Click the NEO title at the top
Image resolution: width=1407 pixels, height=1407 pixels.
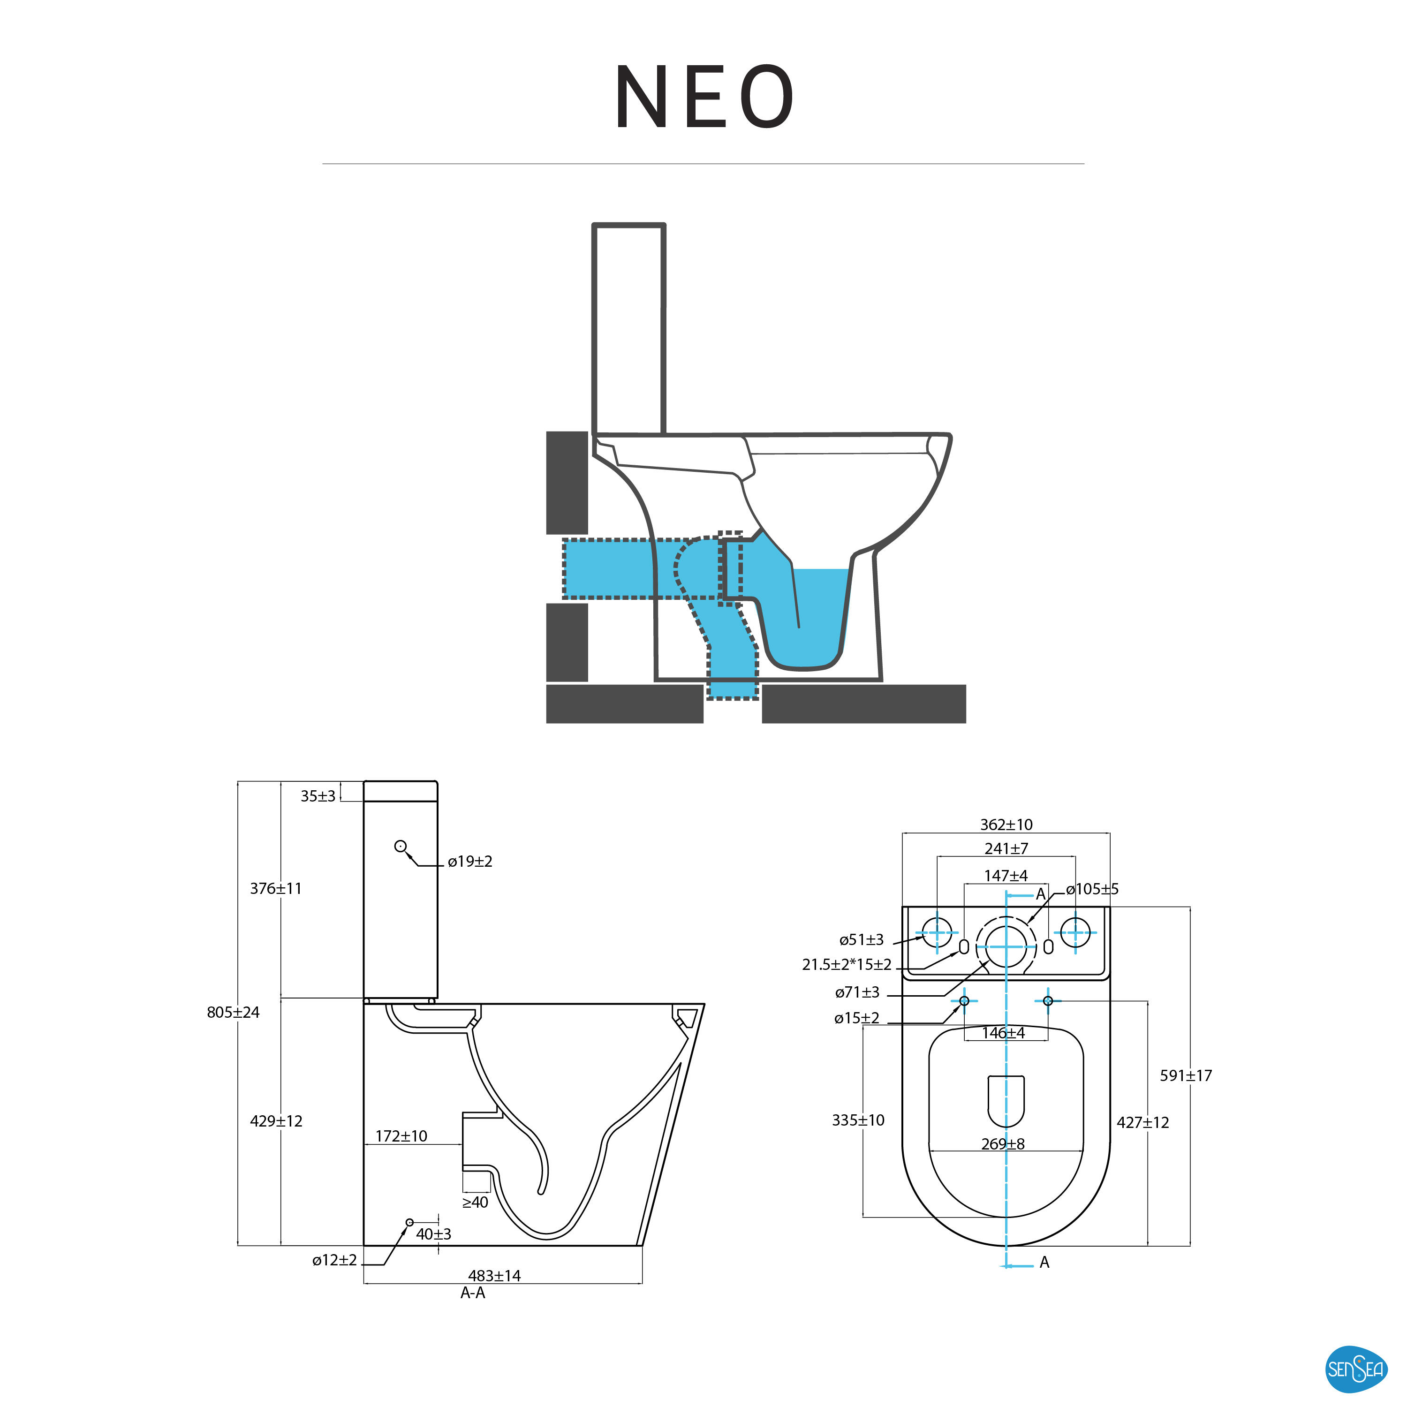pyautogui.click(x=703, y=97)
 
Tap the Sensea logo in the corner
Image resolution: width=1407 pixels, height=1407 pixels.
pyautogui.click(x=1355, y=1369)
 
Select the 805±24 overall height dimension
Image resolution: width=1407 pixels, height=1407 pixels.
pyautogui.click(x=233, y=1012)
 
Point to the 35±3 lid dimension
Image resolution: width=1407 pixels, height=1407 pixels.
pyautogui.click(x=318, y=796)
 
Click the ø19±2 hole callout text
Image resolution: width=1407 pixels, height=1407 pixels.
pyautogui.click(x=470, y=862)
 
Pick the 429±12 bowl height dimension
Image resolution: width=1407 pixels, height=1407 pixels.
pyautogui.click(x=276, y=1121)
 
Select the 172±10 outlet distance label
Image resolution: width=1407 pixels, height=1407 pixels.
pyautogui.click(x=401, y=1135)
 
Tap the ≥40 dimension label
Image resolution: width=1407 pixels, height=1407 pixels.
pyautogui.click(x=475, y=1203)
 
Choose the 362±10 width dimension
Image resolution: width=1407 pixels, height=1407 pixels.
pyautogui.click(x=1006, y=825)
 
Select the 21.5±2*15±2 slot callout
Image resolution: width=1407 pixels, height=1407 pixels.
pyautogui.click(x=846, y=964)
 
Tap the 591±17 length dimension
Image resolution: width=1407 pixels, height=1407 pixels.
pyautogui.click(x=1186, y=1075)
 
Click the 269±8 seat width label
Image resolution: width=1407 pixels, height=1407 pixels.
pyautogui.click(x=1003, y=1143)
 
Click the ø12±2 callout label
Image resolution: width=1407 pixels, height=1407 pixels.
pyautogui.click(x=334, y=1260)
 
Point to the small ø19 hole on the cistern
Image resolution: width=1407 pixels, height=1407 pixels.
pyautogui.click(x=400, y=846)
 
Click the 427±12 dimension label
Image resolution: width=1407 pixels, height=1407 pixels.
pyautogui.click(x=1142, y=1122)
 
